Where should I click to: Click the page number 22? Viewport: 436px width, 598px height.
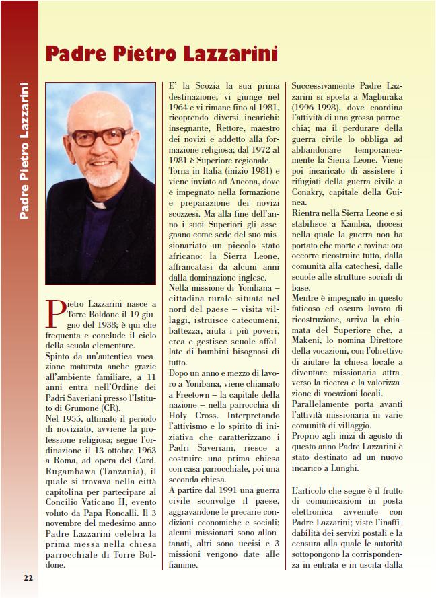pyautogui.click(x=28, y=577)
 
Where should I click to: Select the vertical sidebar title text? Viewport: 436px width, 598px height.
pyautogui.click(x=24, y=151)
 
